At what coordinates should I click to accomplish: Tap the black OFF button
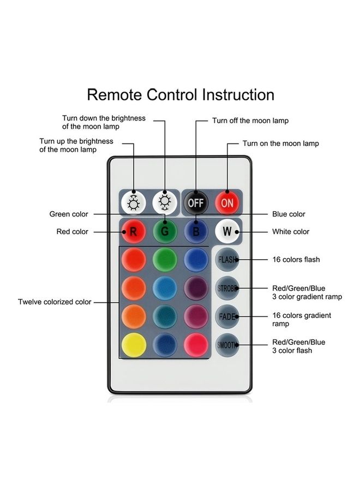pyautogui.click(x=195, y=203)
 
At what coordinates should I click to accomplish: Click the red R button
pyautogui.click(x=133, y=231)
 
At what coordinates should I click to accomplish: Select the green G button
pyautogui.click(x=164, y=231)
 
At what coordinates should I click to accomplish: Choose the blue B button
pyautogui.click(x=196, y=231)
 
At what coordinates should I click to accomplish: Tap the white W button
pyautogui.click(x=227, y=231)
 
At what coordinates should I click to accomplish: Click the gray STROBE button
pyautogui.click(x=227, y=288)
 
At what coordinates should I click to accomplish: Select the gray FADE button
pyautogui.click(x=227, y=316)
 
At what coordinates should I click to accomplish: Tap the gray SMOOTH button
pyautogui.click(x=227, y=345)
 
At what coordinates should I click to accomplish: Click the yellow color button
pyautogui.click(x=133, y=344)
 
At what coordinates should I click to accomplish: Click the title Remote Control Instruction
pyautogui.click(x=181, y=95)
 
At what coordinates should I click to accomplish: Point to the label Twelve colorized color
pyautogui.click(x=55, y=302)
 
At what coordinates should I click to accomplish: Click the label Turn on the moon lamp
pyautogui.click(x=280, y=143)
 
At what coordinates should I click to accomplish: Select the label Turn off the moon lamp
pyautogui.click(x=250, y=121)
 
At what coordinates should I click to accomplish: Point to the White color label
pyautogui.click(x=291, y=232)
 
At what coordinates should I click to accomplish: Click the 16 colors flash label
pyautogui.click(x=296, y=260)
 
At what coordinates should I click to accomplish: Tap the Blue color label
pyautogui.click(x=289, y=214)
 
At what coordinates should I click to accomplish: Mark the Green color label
pyautogui.click(x=69, y=214)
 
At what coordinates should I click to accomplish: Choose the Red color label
pyautogui.click(x=72, y=232)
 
